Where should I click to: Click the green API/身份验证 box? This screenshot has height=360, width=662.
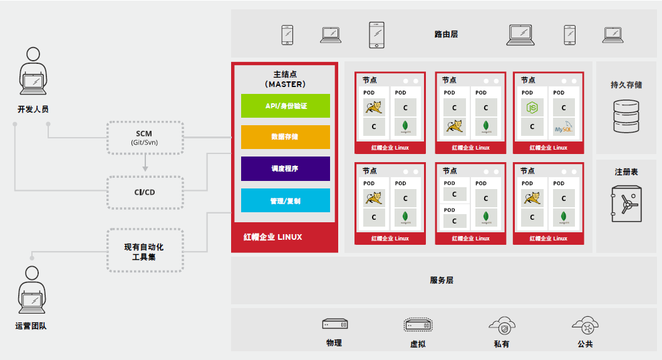286,106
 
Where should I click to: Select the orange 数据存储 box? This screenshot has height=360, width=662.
286,137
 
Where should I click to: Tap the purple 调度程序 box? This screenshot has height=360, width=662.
286,169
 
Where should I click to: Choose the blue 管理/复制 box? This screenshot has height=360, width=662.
286,201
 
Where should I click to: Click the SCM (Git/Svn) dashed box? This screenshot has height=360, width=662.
145,138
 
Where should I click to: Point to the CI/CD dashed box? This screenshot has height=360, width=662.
145,192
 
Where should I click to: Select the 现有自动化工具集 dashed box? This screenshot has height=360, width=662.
145,250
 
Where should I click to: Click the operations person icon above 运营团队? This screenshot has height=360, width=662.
31,291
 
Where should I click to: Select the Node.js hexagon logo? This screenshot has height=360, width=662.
532,108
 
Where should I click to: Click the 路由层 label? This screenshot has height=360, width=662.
446,34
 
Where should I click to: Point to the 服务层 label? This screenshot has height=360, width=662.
442,280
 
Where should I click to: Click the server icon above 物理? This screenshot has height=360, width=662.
334,324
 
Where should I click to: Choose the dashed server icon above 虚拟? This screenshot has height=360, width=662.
418,325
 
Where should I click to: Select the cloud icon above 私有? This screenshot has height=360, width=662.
502,325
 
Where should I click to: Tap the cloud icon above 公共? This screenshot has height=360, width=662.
586,324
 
